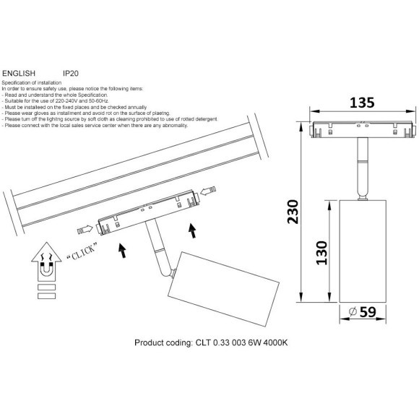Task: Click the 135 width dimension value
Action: pos(362,103)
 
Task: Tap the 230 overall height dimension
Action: pos(293,212)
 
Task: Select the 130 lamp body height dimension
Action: pos(321,253)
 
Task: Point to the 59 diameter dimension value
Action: pos(368,312)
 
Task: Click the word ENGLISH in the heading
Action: pos(19,73)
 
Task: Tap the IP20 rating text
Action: pos(71,73)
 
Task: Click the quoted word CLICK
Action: pos(82,251)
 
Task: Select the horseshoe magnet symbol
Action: pos(46,270)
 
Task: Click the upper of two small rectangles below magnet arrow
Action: pos(47,287)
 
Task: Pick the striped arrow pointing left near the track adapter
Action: pos(208,191)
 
